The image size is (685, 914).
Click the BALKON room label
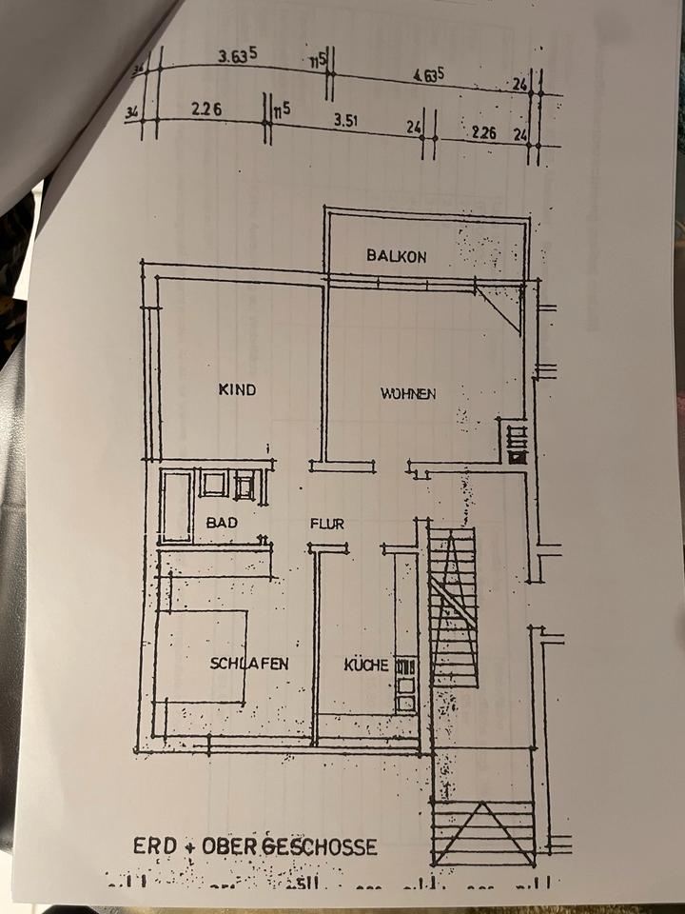[397, 256]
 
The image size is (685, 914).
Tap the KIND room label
[238, 389]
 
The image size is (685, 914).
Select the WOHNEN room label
[408, 393]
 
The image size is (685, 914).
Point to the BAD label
[221, 523]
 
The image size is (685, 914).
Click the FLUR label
[326, 524]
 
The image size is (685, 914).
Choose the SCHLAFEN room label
[248, 665]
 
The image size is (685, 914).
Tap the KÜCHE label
[366, 665]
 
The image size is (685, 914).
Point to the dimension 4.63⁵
[429, 74]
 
